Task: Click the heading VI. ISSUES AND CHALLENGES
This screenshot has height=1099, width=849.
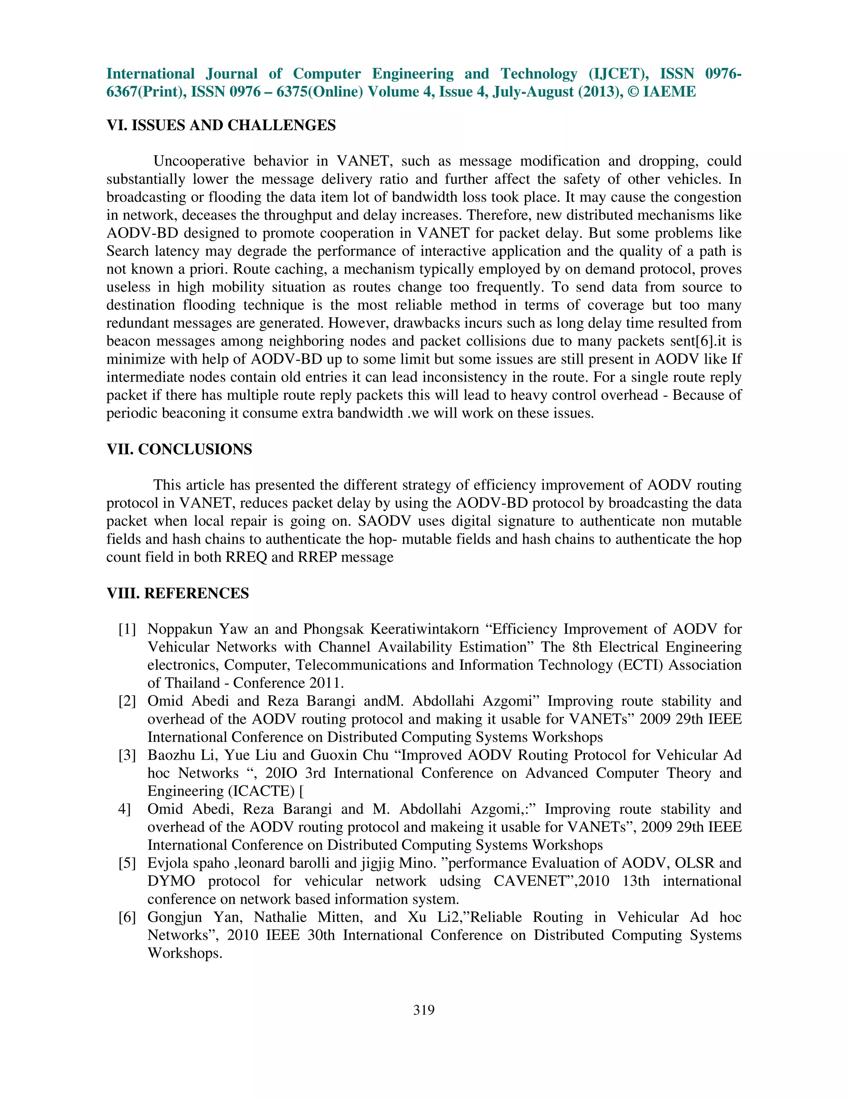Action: pyautogui.click(x=221, y=125)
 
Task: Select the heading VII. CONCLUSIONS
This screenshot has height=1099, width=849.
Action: pyautogui.click(x=179, y=450)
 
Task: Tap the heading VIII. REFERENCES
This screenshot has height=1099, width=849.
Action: pyautogui.click(x=177, y=593)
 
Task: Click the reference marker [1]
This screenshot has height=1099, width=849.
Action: pyautogui.click(x=127, y=630)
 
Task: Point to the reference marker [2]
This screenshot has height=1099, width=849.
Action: pyautogui.click(x=127, y=701)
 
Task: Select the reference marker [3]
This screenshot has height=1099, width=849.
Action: pyautogui.click(x=127, y=755)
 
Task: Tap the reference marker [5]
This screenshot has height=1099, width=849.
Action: pyautogui.click(x=127, y=863)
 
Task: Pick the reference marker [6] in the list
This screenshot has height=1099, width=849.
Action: pyautogui.click(x=127, y=917)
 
